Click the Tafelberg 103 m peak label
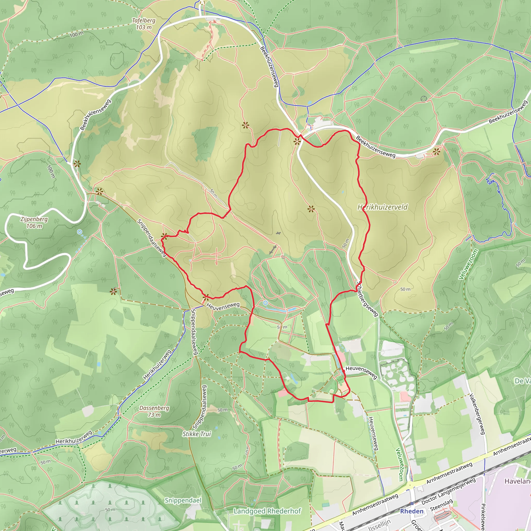point(144,24)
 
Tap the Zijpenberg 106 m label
point(34,223)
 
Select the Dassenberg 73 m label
point(154,411)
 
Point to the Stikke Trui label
point(197,434)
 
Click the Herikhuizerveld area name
point(383,207)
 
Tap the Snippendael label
point(183,500)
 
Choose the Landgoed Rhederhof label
point(267,511)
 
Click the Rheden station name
point(411,511)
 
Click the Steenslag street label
point(441,505)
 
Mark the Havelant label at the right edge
point(518,481)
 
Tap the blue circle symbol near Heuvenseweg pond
point(265,303)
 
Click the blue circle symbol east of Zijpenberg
point(79,232)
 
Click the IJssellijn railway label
point(379,526)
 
